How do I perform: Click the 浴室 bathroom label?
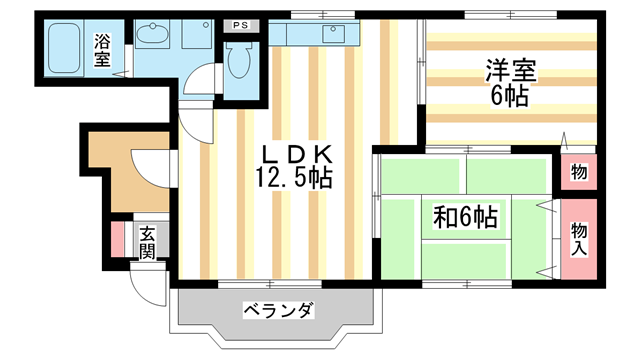click(x=102, y=50)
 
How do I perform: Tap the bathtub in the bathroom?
click(x=67, y=47)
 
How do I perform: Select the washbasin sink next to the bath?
click(x=155, y=36)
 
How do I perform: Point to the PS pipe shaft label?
click(x=240, y=24)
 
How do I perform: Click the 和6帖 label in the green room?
click(x=466, y=215)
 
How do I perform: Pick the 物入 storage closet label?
click(x=579, y=238)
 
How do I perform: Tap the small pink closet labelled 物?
click(x=579, y=172)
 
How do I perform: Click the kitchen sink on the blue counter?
click(x=329, y=35)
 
